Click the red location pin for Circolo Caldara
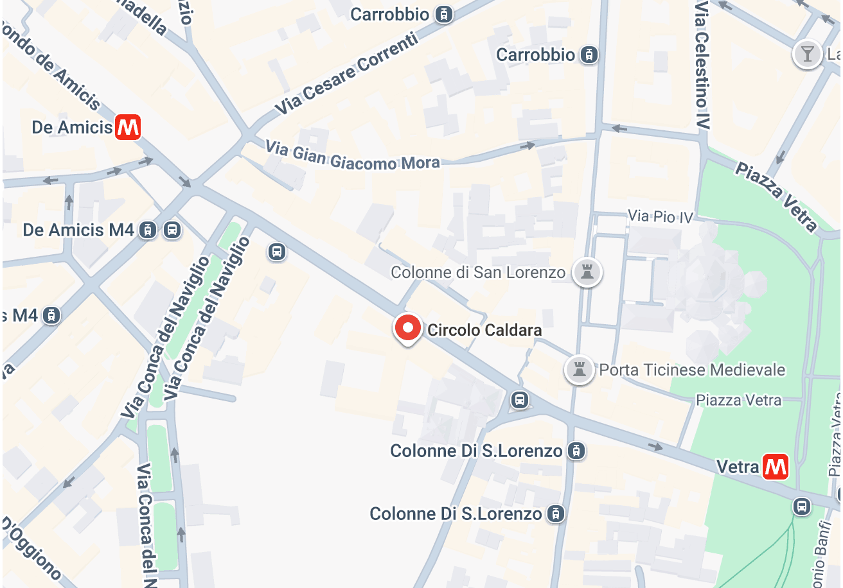[407, 328]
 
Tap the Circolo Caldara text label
[484, 330]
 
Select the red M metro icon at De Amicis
[128, 126]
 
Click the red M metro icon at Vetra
[776, 466]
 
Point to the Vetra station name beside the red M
[738, 467]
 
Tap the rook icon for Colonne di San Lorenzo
[586, 272]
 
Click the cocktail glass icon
[807, 54]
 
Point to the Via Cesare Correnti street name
[347, 75]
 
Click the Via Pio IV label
[661, 217]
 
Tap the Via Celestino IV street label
[702, 64]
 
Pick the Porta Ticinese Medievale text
[692, 370]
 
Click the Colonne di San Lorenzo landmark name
[478, 272]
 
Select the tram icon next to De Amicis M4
[148, 230]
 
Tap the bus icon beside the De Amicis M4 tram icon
[172, 230]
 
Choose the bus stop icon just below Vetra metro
[801, 506]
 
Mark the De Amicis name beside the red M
[72, 127]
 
